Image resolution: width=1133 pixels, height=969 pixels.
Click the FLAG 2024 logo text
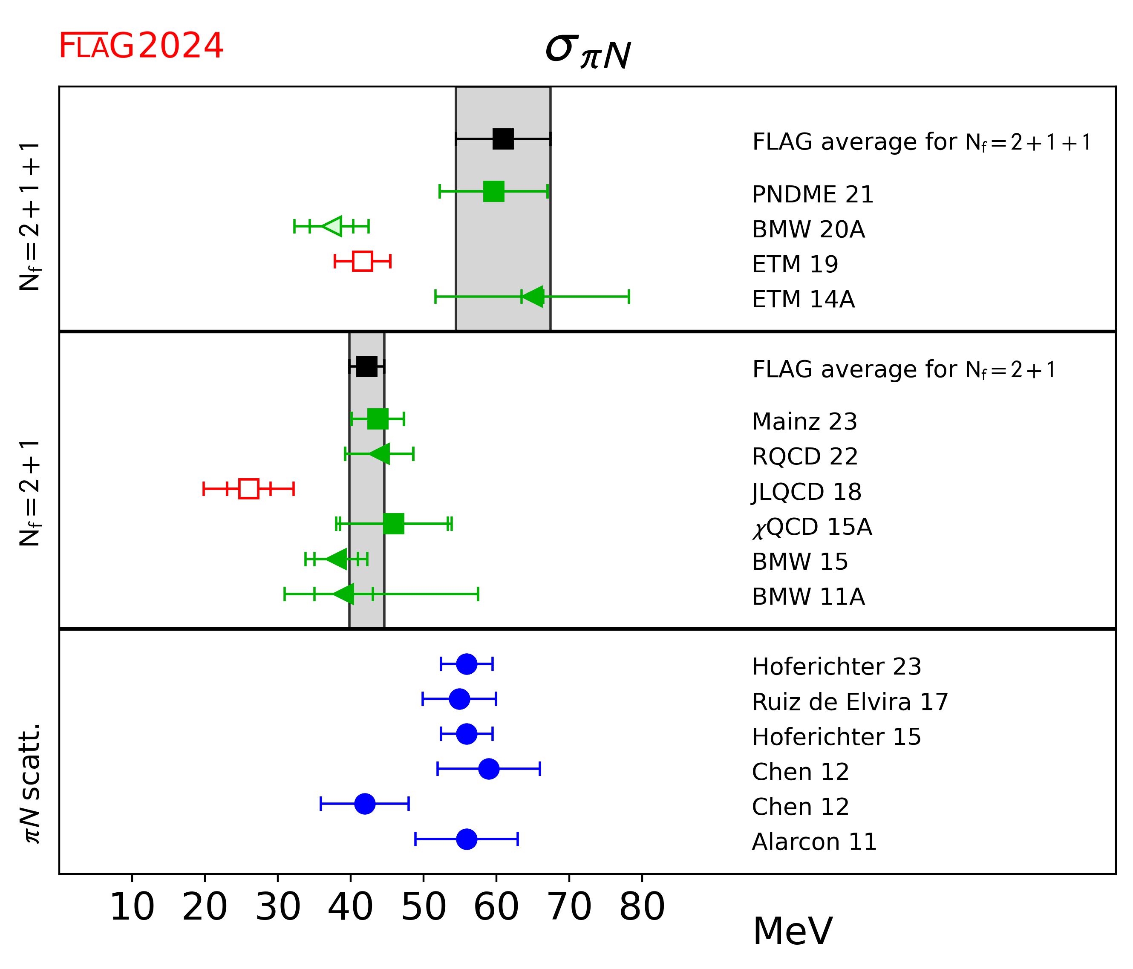(x=141, y=46)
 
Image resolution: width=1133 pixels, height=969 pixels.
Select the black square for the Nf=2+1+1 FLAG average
(x=503, y=139)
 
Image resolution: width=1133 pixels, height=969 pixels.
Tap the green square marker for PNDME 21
(x=494, y=191)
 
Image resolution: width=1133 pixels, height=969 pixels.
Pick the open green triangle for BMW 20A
(x=334, y=226)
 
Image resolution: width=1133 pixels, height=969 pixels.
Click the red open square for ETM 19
(x=363, y=261)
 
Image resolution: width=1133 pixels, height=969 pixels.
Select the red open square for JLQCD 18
(x=249, y=488)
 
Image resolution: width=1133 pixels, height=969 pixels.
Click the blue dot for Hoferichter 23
(x=467, y=664)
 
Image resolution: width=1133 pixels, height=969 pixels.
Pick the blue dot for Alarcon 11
(x=467, y=839)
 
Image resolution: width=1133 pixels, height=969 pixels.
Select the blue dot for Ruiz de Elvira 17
(x=459, y=699)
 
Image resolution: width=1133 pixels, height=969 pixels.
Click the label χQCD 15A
(x=812, y=527)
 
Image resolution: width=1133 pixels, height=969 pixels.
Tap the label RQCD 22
(x=805, y=457)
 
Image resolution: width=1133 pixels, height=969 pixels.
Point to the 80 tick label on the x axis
(x=642, y=907)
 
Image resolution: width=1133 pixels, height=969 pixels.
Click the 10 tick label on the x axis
(x=133, y=907)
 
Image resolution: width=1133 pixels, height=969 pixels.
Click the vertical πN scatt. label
(x=31, y=783)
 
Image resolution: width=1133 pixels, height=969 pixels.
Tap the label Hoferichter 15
(x=836, y=737)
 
